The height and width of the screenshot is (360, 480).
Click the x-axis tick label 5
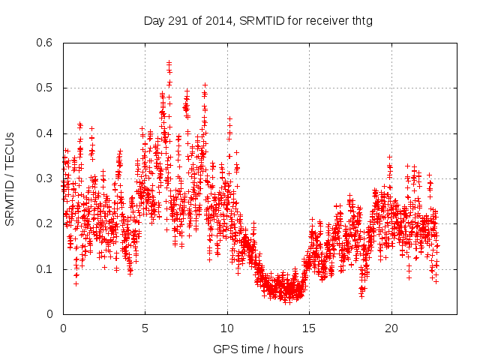point(145,328)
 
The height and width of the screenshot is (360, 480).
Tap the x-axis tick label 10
point(227,328)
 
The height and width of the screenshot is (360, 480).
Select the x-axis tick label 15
point(310,328)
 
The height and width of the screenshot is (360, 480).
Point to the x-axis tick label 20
point(391,328)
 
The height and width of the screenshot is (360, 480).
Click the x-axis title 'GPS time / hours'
point(258,349)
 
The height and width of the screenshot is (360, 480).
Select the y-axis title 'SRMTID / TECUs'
point(10,179)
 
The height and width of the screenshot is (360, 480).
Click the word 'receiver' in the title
point(325,20)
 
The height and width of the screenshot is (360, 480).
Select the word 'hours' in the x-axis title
point(287,349)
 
